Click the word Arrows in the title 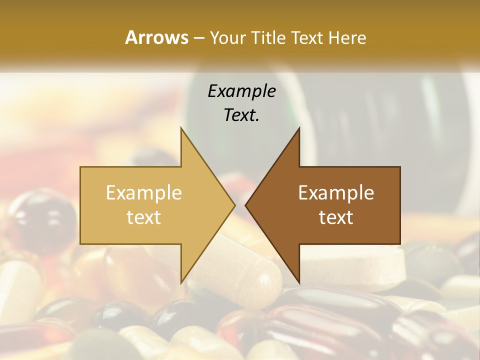tap(156, 37)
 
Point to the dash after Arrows tap(198, 38)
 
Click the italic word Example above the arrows tap(241, 91)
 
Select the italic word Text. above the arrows tap(241, 115)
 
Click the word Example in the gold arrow tap(144, 192)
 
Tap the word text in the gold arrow tap(144, 217)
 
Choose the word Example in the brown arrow tap(336, 192)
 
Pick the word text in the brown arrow tap(336, 217)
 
